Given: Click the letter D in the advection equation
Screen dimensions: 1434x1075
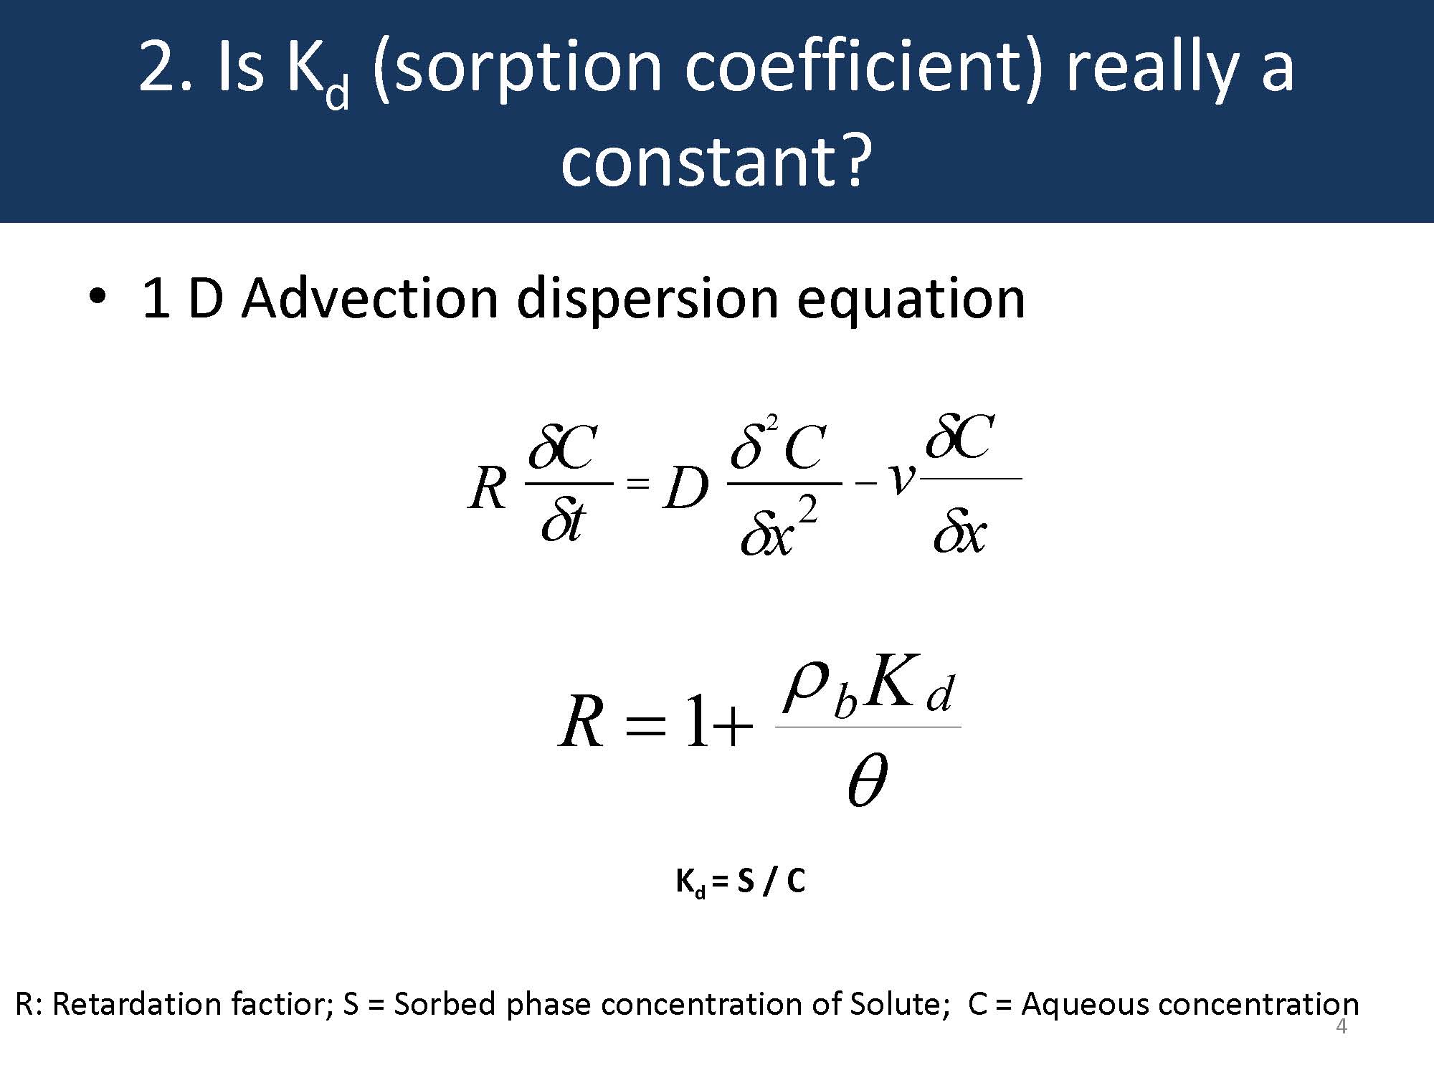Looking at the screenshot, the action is tap(686, 491).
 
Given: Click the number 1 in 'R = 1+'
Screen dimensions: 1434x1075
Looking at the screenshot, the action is tap(696, 722).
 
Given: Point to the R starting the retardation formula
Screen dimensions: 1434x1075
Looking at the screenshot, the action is tap(581, 722).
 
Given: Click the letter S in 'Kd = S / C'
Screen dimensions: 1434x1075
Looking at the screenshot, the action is tap(745, 880).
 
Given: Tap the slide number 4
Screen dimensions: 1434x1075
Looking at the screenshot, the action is tap(1342, 1027).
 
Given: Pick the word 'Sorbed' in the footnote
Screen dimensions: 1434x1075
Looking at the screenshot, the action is tap(445, 1004).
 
